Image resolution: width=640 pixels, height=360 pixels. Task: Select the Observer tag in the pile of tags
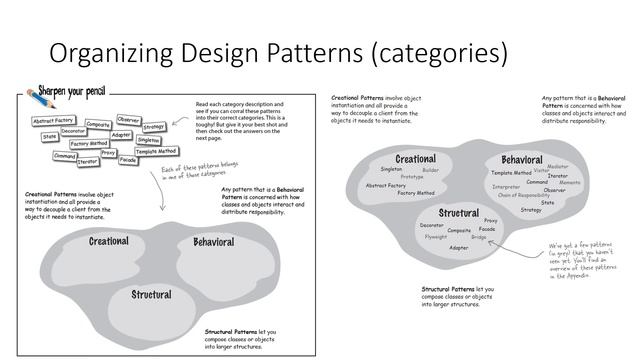coord(129,119)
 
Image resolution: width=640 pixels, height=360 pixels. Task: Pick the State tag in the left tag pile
coord(49,136)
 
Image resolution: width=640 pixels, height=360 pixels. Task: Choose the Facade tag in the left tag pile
coord(128,160)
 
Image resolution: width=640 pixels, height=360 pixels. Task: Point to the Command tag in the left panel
coord(66,156)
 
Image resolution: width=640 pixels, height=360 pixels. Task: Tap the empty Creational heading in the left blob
coord(109,241)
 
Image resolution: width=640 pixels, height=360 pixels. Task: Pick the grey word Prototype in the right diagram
coord(413,176)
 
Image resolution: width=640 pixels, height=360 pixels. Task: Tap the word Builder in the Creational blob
coord(431,170)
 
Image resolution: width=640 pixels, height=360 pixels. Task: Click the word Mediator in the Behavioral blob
coord(558,167)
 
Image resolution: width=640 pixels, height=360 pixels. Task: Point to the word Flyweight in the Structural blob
coord(436,237)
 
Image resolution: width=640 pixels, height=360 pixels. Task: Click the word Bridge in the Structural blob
coord(479,237)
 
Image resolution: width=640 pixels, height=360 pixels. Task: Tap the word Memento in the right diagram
coord(570,183)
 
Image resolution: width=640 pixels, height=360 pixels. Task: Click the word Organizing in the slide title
coord(108,51)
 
